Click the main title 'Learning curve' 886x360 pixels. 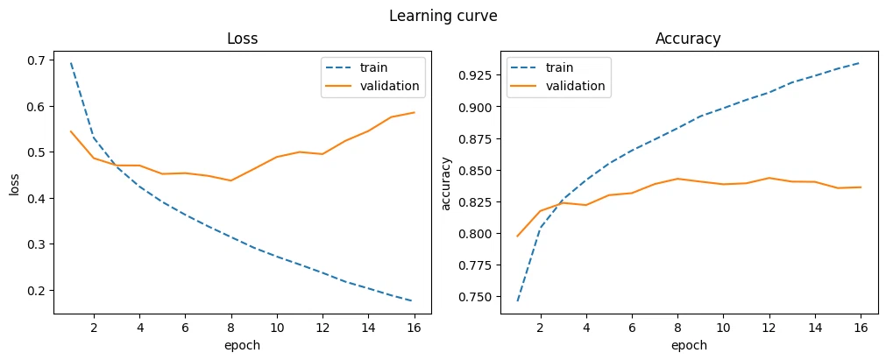tap(443, 17)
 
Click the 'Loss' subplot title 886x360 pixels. tap(243, 39)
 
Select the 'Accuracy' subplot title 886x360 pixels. tap(688, 39)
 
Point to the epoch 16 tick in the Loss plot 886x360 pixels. tap(415, 328)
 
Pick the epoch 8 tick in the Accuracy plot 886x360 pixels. tap(677, 328)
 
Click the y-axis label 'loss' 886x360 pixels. tap(14, 187)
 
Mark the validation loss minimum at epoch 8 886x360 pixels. tap(231, 180)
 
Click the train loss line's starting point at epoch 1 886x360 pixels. tap(71, 63)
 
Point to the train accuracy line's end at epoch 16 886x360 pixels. tap(861, 63)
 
